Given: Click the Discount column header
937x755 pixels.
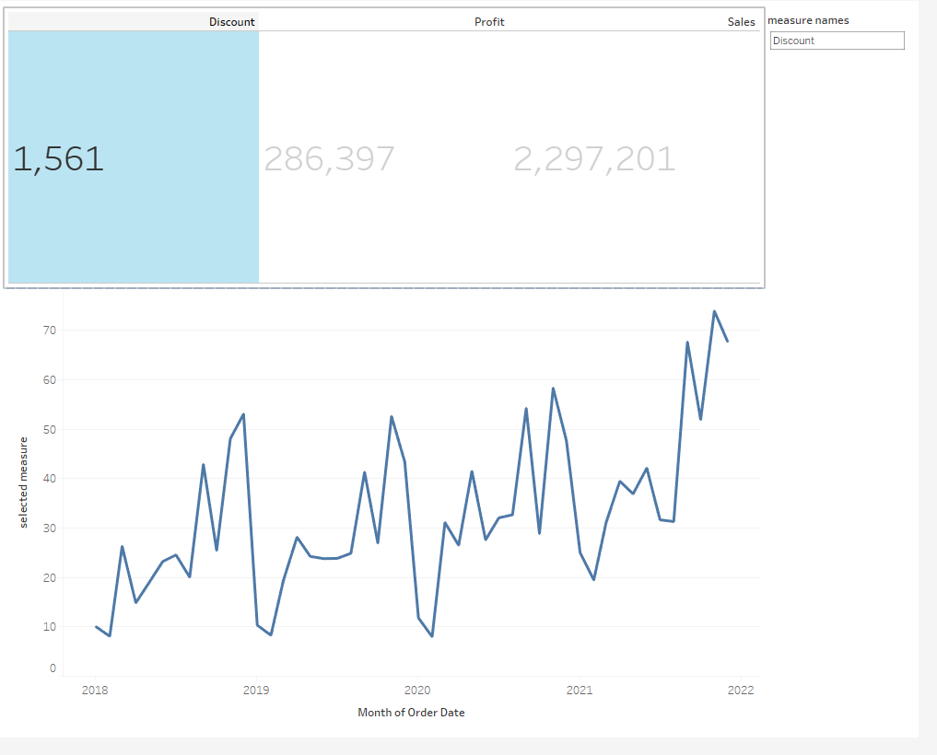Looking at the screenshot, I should [231, 22].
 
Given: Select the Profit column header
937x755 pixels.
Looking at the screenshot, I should [489, 22].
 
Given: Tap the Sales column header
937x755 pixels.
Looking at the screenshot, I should [741, 22].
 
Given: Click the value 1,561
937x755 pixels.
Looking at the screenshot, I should [58, 159].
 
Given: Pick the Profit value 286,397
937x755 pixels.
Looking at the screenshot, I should [329, 159].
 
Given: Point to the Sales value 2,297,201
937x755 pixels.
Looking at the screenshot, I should [594, 159].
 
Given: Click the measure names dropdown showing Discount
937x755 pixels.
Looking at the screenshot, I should [837, 41].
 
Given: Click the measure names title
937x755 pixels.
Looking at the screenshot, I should [808, 20].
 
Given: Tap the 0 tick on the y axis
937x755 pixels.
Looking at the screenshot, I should [53, 668].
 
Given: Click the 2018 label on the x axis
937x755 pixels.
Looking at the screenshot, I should [94, 691].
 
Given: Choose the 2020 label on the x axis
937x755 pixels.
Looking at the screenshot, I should [417, 691].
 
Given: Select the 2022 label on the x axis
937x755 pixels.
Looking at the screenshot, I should [741, 691].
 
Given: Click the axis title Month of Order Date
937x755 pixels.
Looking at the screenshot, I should [411, 713].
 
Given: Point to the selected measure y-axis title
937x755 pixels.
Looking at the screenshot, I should [24, 482].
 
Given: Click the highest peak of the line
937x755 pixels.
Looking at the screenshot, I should [714, 311].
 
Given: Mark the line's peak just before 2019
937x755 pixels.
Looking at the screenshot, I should [243, 414].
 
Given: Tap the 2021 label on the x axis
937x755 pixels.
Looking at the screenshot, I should [580, 691].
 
